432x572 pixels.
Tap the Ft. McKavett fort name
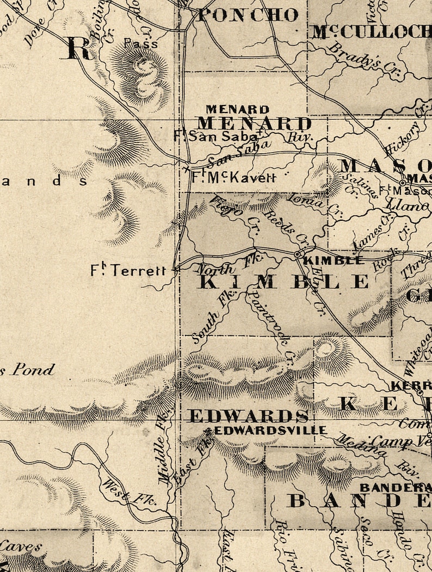(x=234, y=177)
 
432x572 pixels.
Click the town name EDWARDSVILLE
(x=270, y=430)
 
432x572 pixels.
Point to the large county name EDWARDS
(x=248, y=416)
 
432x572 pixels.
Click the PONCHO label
(x=248, y=15)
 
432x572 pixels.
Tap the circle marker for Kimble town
(x=298, y=254)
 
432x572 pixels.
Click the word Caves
(x=22, y=546)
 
